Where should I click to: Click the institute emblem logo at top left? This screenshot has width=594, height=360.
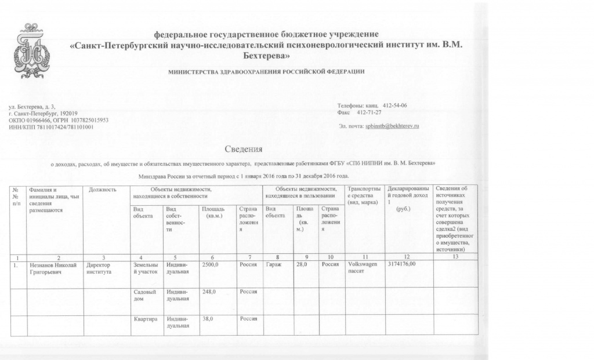coord(33,52)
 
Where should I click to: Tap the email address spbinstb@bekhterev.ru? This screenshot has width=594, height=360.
coord(392,126)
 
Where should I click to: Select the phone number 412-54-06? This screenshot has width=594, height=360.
coord(395,106)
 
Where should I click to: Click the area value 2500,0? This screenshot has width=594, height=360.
coord(209,264)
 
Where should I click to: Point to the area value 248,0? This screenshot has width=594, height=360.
coord(208,292)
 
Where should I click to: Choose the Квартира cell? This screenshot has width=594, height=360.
coord(145,319)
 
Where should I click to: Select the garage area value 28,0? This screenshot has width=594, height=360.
coord(301,264)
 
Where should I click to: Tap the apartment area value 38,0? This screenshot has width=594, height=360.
coord(207,319)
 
